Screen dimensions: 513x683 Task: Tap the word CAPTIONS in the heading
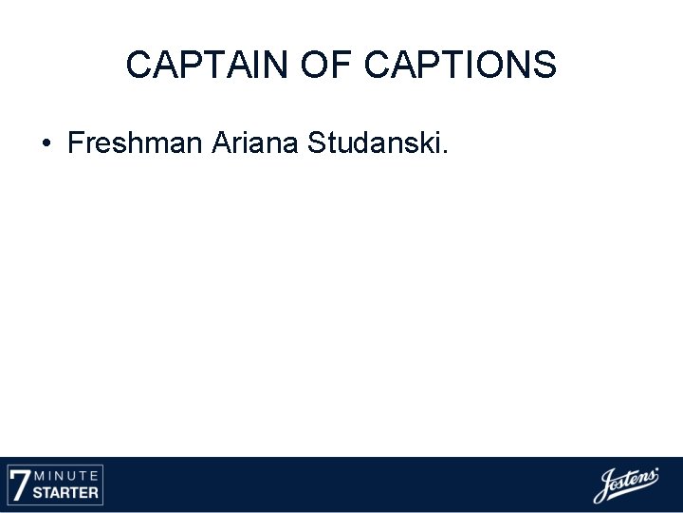click(x=461, y=66)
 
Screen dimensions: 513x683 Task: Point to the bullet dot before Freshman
click(x=46, y=144)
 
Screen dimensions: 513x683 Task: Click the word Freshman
click(x=136, y=143)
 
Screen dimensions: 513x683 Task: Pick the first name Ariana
click(x=255, y=143)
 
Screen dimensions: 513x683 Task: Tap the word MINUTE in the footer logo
click(x=67, y=475)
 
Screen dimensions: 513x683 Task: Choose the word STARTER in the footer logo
click(x=67, y=493)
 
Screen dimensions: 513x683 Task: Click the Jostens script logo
click(x=625, y=484)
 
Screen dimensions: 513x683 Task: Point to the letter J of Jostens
click(x=603, y=486)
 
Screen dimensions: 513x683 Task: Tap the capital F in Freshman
click(x=76, y=143)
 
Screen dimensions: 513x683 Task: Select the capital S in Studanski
click(x=317, y=143)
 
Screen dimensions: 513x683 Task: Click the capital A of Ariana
click(x=221, y=143)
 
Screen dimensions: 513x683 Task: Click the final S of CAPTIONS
click(x=545, y=66)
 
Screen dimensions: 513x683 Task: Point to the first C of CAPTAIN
click(x=138, y=66)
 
